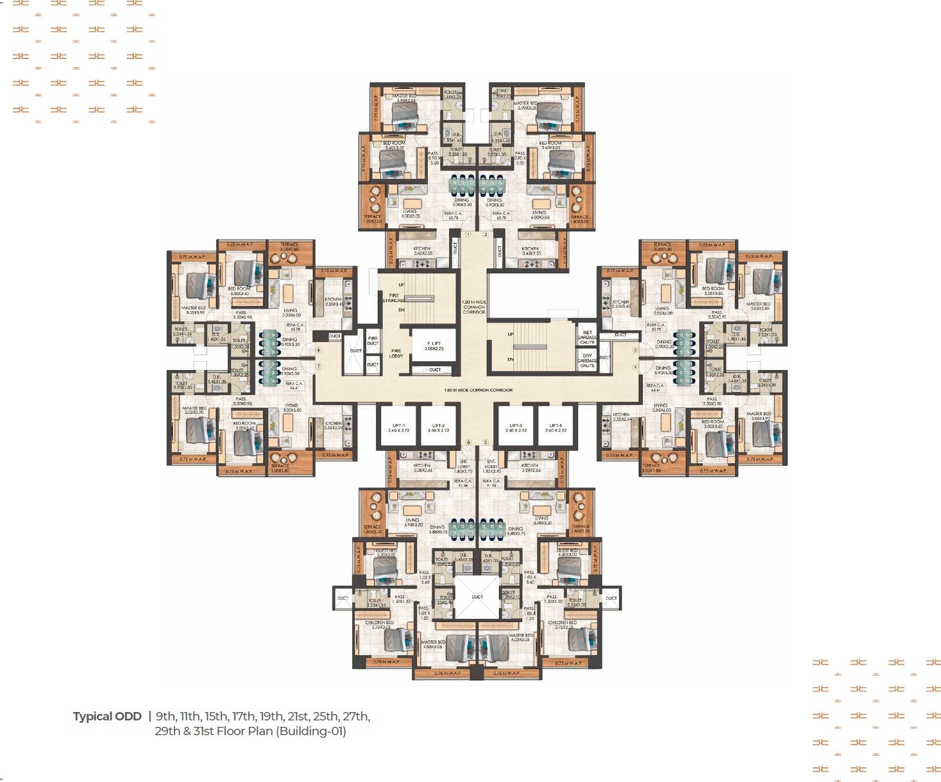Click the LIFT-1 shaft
pyautogui.click(x=398, y=427)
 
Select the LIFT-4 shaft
pyautogui.click(x=555, y=427)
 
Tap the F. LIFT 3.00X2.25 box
pyautogui.click(x=434, y=346)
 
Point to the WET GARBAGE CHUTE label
pyautogui.click(x=587, y=337)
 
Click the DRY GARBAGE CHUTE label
pyautogui.click(x=587, y=361)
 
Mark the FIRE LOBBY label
pyautogui.click(x=396, y=353)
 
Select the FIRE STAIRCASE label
pyautogui.click(x=394, y=298)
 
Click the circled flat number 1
pyautogui.click(x=468, y=235)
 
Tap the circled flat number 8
pyautogui.click(x=318, y=350)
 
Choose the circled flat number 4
pyautogui.click(x=636, y=368)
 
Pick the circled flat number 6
pyautogui.click(x=468, y=443)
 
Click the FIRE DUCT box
pyautogui.click(x=373, y=341)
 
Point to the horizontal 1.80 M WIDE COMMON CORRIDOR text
pyautogui.click(x=478, y=390)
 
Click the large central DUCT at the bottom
pyautogui.click(x=477, y=597)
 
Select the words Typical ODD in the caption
pyautogui.click(x=107, y=717)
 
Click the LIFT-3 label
pyautogui.click(x=516, y=425)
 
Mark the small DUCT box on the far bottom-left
pyautogui.click(x=343, y=598)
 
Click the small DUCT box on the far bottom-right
pyautogui.click(x=611, y=598)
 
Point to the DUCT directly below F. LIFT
pyautogui.click(x=435, y=370)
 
